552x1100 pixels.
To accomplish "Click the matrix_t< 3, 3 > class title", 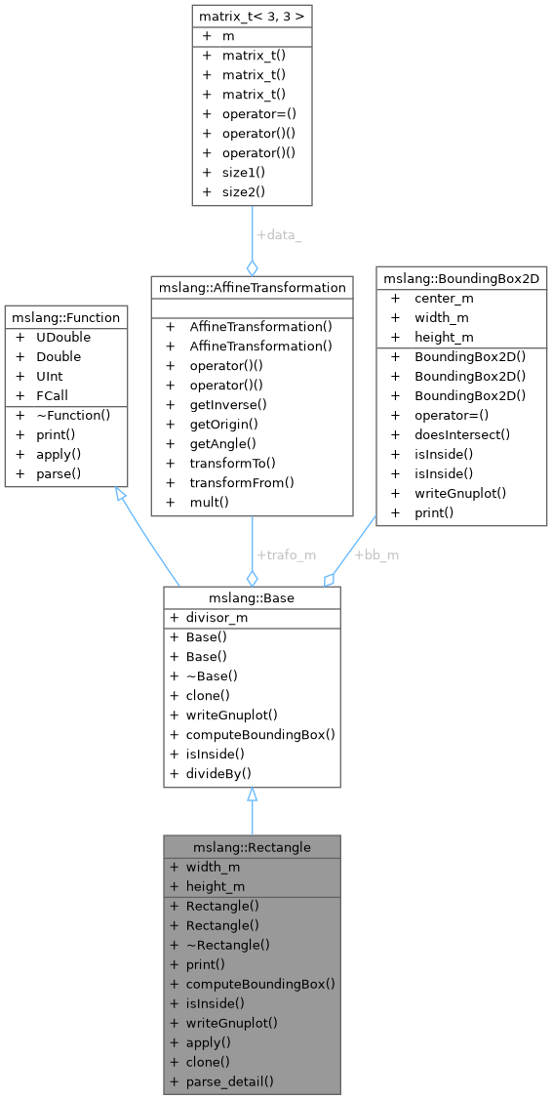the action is (252, 16).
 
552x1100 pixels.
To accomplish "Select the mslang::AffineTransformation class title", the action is (252, 287).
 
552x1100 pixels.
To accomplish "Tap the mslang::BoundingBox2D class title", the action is (461, 278).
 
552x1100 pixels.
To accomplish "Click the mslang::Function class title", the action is (66, 317).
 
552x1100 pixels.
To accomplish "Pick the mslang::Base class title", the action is (252, 598).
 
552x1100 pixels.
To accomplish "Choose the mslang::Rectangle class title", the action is (252, 847).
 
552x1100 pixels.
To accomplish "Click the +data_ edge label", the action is (279, 235).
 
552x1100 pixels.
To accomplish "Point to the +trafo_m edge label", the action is (286, 555).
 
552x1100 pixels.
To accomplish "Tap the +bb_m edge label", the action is (376, 555).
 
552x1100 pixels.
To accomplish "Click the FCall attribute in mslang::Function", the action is (53, 395).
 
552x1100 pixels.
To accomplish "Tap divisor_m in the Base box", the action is (217, 618).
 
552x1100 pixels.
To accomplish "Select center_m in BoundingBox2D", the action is (444, 298).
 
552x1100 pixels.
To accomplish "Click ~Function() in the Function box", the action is (74, 415).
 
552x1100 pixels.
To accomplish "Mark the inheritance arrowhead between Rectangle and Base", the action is (252, 794).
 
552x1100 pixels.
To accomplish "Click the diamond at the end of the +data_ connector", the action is (252, 268).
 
